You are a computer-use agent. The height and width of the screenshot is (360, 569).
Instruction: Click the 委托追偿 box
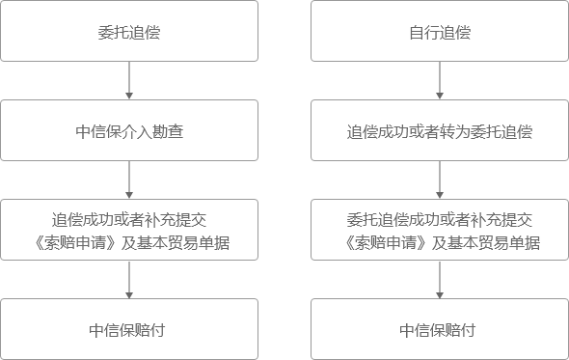tap(129, 32)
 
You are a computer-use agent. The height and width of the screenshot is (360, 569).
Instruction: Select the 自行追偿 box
tap(440, 32)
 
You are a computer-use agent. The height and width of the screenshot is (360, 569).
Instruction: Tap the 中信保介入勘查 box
tap(129, 130)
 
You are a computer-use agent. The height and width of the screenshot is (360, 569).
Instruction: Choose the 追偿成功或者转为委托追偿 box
tap(440, 130)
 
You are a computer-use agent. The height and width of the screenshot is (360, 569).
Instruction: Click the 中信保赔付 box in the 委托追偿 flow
tap(129, 329)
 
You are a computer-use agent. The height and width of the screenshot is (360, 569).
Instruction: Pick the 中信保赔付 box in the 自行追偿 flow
tap(440, 329)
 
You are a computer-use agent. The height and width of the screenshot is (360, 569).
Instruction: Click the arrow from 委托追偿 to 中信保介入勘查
tap(129, 81)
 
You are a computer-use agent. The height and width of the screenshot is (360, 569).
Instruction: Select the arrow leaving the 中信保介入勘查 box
tap(129, 180)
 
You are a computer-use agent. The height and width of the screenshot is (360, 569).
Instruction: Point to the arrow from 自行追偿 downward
tap(440, 81)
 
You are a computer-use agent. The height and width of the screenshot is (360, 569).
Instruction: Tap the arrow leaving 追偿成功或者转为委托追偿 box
tap(440, 180)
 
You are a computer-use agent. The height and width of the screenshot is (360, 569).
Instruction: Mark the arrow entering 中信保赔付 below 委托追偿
tap(129, 280)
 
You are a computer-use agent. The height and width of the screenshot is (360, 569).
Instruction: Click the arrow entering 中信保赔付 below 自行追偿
tap(440, 280)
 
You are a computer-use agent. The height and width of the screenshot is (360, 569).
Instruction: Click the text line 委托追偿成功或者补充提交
tap(440, 219)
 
